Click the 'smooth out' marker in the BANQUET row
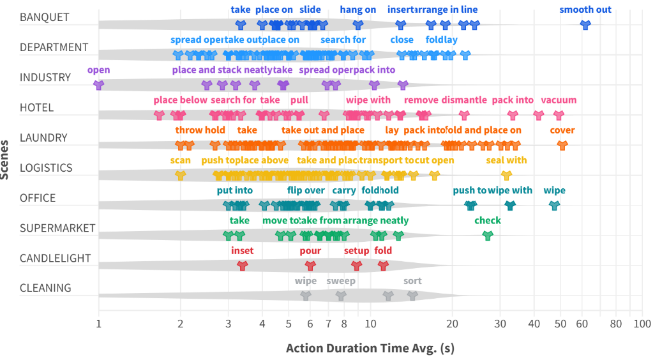585,25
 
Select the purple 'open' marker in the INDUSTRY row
98,85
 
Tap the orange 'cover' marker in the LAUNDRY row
562,145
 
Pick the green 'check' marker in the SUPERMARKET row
488,235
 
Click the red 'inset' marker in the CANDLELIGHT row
242,265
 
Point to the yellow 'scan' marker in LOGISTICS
181,175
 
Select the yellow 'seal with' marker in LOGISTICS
506,175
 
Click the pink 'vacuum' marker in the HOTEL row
559,115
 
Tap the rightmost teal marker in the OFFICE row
554,205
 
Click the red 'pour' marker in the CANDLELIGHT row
310,265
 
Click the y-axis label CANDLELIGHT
55,258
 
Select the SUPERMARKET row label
57,228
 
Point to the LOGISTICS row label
46,168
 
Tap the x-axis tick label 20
452,324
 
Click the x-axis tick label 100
642,324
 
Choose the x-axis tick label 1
98,324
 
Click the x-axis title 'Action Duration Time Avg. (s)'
370,349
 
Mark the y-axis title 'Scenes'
6,160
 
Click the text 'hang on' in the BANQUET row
358,10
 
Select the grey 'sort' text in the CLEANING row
412,281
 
